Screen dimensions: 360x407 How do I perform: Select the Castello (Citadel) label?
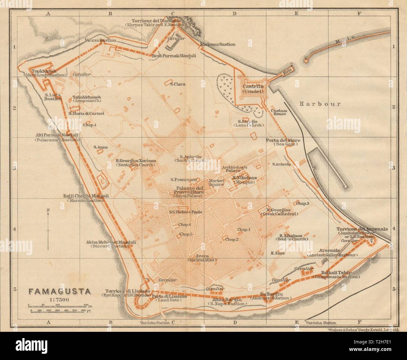click(x=252, y=89)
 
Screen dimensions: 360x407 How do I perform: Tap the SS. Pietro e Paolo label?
click(x=185, y=212)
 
